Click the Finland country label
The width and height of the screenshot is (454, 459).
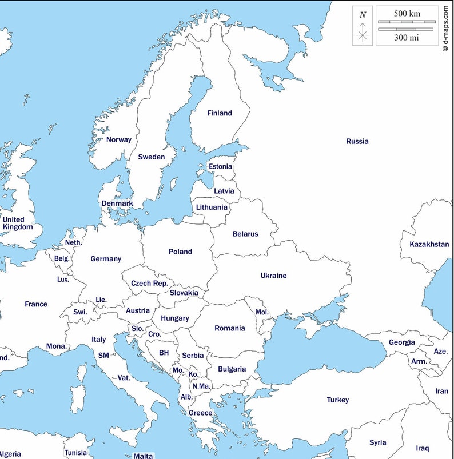tap(220, 113)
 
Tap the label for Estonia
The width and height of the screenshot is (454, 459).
tap(221, 167)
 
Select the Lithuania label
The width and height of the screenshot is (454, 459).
tap(212, 207)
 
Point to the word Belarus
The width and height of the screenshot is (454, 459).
tap(245, 234)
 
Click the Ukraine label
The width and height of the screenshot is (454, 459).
tap(273, 276)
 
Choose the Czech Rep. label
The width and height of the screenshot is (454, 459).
tap(149, 284)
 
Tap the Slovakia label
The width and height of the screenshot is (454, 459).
tap(184, 293)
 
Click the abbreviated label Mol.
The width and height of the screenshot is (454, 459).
tap(262, 312)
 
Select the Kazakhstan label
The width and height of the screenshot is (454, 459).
tap(429, 245)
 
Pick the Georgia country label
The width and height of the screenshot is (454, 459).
tap(402, 342)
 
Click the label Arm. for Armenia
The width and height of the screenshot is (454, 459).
tap(419, 362)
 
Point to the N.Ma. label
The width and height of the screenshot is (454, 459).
tap(201, 386)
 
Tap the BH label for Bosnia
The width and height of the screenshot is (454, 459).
tap(164, 353)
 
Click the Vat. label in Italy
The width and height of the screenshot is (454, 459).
tap(124, 378)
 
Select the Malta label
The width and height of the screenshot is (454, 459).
tap(143, 456)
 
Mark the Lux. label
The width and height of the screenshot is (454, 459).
tap(63, 280)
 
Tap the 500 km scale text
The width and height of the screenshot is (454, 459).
tap(407, 13)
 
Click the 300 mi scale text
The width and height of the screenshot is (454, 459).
tap(407, 38)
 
